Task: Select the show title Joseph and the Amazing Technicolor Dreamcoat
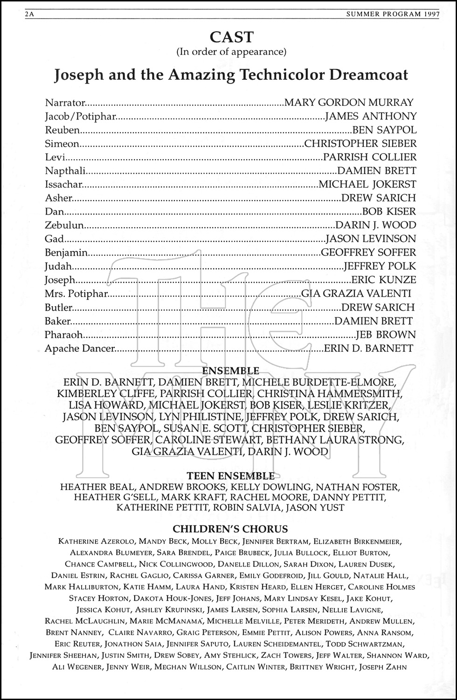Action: (231, 75)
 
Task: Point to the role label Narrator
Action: (65, 103)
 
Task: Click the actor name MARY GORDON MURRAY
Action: (349, 103)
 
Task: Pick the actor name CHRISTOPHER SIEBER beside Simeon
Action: (360, 143)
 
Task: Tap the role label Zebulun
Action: (64, 225)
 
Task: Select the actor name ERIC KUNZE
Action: (383, 280)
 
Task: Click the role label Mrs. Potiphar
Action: (76, 294)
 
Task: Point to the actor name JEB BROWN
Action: (386, 335)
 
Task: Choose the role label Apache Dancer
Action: (80, 348)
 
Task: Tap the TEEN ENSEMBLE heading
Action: (231, 476)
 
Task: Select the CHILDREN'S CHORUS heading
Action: (230, 529)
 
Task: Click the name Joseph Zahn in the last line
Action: (386, 667)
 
